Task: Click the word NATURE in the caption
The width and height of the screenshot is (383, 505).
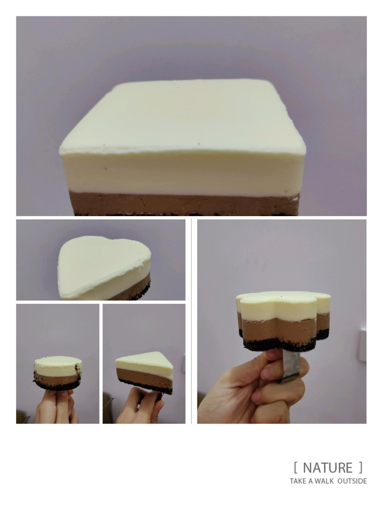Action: coord(328,468)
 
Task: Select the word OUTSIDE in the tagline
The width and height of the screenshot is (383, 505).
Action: coord(352,481)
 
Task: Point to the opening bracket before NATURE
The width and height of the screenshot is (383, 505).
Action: coord(295,468)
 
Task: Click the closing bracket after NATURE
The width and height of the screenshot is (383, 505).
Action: coord(361,468)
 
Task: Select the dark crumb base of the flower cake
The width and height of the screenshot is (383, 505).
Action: coord(280,344)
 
